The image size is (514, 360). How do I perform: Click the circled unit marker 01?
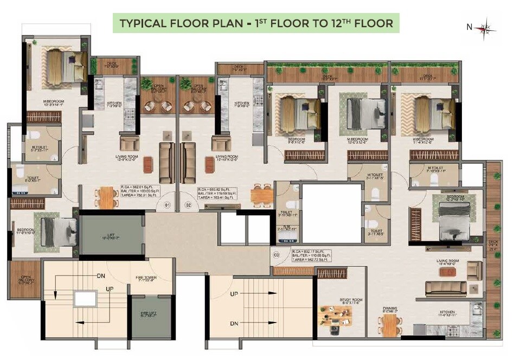(168, 205)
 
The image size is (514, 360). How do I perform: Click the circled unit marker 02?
(189, 205)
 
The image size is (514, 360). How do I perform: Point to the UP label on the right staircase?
(234, 293)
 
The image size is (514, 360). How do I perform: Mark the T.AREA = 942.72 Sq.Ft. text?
(309, 260)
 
